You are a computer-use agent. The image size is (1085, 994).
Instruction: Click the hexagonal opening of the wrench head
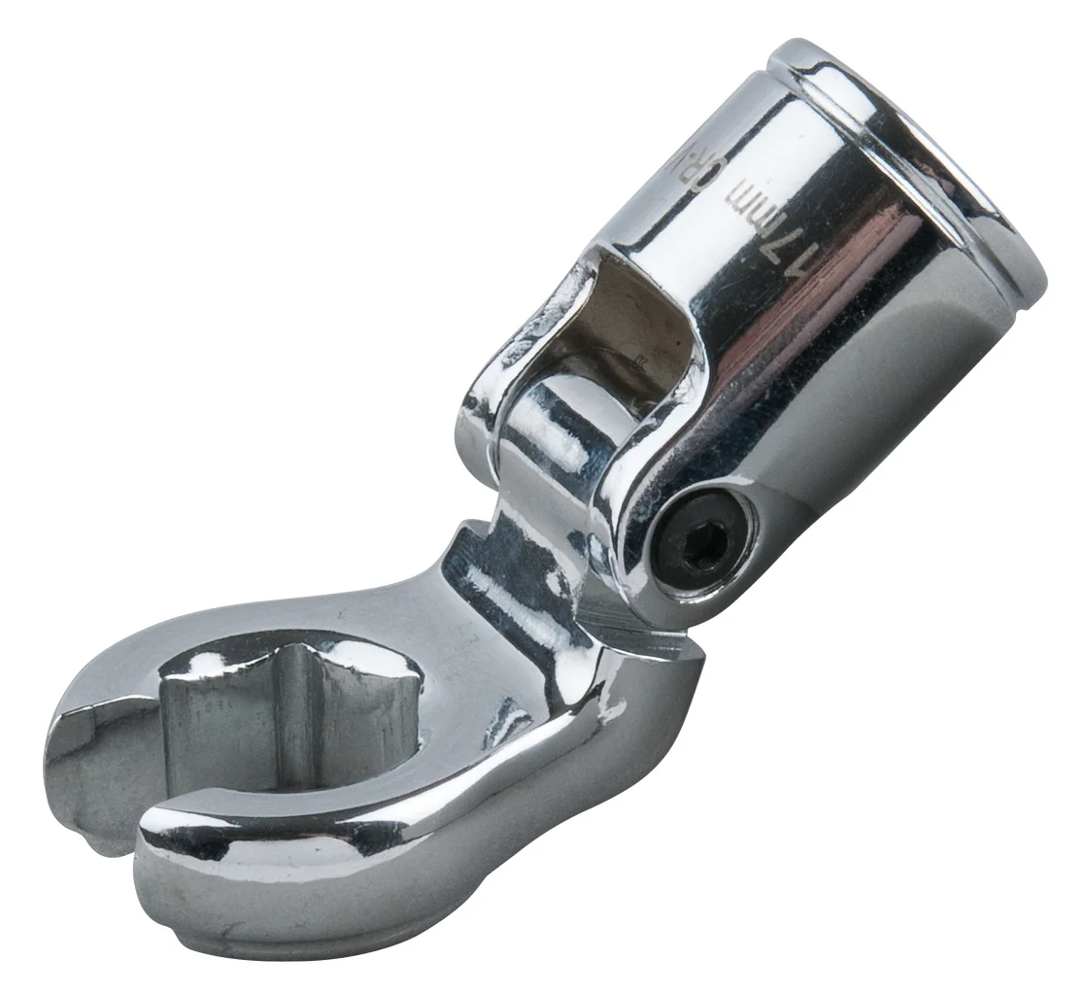pos(291,719)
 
